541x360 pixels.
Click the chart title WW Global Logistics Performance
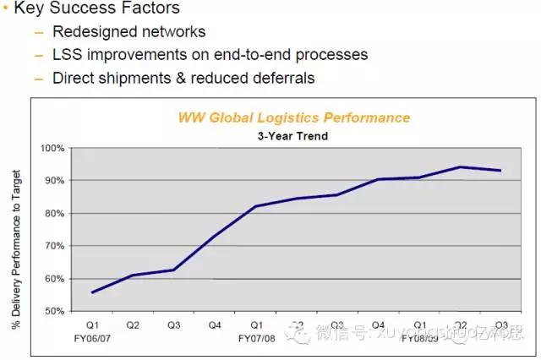click(293, 117)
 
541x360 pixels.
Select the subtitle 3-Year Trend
click(292, 135)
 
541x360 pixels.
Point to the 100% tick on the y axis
click(52, 149)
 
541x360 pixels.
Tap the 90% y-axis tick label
click(54, 181)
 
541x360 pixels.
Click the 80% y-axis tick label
click(54, 214)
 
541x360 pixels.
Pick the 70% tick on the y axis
click(54, 246)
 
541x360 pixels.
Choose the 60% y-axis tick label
click(54, 279)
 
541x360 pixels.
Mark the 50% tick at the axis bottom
click(54, 311)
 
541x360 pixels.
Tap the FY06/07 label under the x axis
click(93, 338)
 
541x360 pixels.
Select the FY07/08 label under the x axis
click(255, 338)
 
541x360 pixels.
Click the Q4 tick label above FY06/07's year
click(215, 325)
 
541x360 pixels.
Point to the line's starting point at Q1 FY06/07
click(92, 292)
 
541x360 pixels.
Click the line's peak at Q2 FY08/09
click(461, 166)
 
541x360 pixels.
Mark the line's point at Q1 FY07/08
click(255, 206)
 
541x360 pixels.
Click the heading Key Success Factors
click(96, 9)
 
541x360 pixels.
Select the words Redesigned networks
click(129, 32)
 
